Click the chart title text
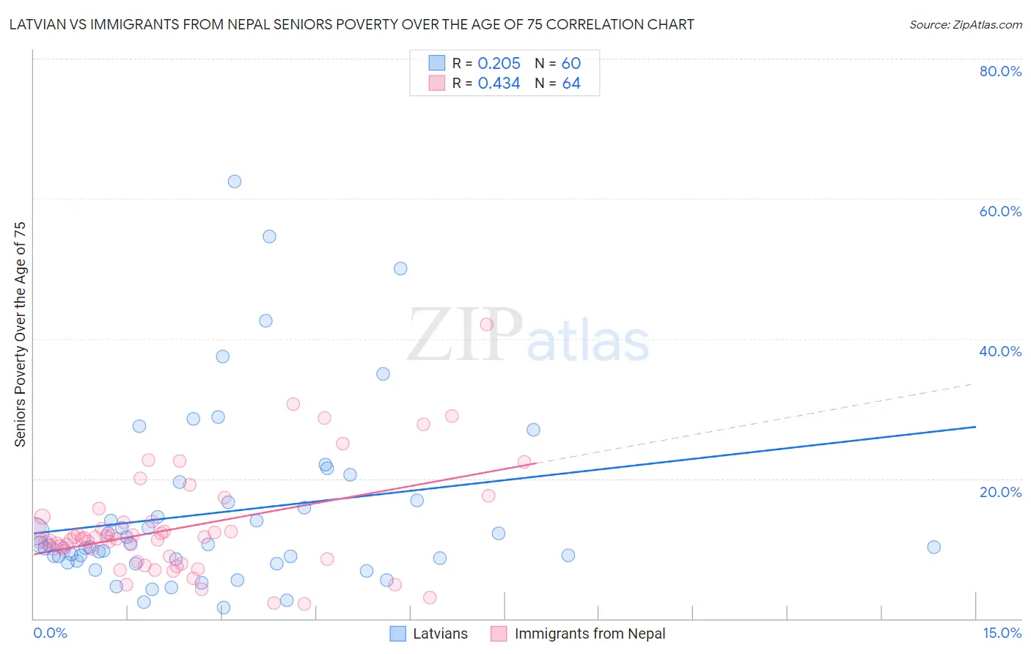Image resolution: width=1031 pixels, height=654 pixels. (351, 24)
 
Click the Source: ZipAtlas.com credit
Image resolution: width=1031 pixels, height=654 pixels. (965, 24)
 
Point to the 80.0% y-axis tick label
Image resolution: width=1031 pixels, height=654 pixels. (1000, 71)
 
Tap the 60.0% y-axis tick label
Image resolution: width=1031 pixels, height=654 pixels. (1000, 211)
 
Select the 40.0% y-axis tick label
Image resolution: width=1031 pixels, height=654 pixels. (1000, 351)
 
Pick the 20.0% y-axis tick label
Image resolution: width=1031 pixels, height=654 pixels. (1000, 491)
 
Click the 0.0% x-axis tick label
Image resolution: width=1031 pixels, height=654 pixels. (50, 633)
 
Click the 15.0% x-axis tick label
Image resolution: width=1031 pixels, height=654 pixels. (1002, 633)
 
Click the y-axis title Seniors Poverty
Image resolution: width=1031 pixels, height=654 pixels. (20, 334)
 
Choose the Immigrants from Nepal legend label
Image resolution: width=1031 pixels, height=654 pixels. (590, 633)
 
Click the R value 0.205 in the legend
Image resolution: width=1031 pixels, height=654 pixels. (499, 64)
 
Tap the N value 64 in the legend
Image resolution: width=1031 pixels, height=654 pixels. (571, 84)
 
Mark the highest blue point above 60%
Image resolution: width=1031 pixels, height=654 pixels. (235, 181)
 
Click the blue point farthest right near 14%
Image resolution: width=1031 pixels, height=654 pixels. (933, 547)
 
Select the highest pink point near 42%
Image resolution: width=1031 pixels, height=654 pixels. (486, 324)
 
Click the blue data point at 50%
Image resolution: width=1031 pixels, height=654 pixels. (400, 268)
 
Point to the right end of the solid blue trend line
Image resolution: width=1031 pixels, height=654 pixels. (975, 426)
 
